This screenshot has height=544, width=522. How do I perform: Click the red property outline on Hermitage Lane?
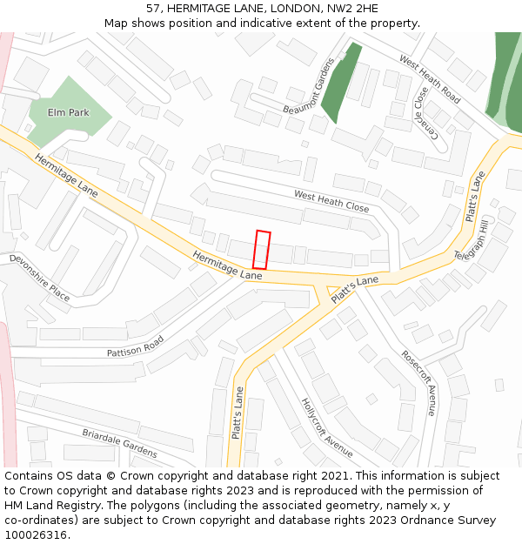pos(261,250)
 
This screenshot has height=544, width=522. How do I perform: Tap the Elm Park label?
pos(68,113)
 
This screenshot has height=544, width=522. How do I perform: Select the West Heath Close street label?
pos(331,201)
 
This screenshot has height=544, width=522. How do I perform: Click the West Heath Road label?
pos(430,78)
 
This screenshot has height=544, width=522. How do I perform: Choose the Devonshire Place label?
pos(40,278)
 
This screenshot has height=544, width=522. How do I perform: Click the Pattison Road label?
pos(135,347)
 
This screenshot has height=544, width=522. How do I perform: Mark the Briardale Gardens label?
pos(119,443)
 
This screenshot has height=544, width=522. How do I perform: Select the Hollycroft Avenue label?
pos(327,427)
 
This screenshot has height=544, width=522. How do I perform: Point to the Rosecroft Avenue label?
pos(418,382)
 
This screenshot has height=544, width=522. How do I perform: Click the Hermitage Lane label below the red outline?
pos(227,265)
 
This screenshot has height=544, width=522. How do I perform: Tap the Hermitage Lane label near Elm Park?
pos(66,174)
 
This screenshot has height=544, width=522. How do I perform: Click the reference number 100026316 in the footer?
pos(36,535)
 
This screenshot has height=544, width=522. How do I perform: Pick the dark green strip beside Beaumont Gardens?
pos(341,84)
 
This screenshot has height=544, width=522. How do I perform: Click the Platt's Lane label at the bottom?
pos(237,413)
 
